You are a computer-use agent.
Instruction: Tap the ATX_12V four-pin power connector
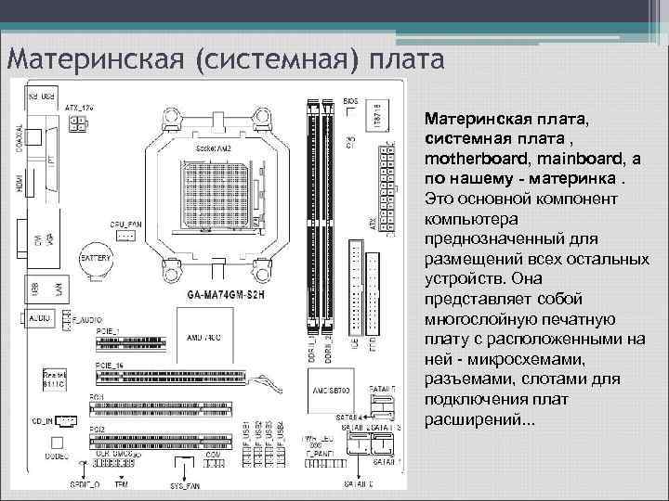(x=77, y=132)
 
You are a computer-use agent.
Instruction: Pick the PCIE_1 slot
(x=130, y=342)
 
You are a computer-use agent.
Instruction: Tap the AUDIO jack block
(x=41, y=319)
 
